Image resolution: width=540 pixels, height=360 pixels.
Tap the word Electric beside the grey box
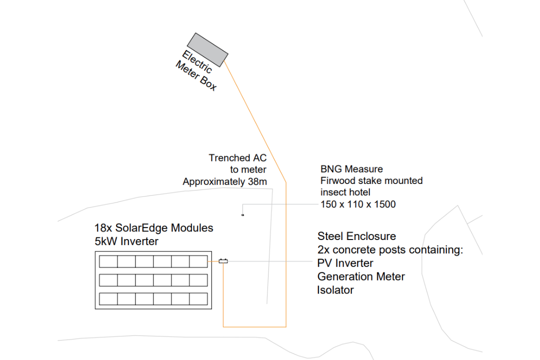[196, 61]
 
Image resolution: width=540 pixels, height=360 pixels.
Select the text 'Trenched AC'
[237, 158]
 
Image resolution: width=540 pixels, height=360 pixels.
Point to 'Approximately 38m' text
[224, 182]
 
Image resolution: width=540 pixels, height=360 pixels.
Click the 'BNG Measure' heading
[351, 169]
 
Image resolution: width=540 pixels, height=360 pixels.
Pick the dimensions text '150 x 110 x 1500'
[358, 204]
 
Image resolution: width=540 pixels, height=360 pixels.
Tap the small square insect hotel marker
[242, 215]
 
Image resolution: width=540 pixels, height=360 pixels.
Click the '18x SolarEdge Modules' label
[154, 228]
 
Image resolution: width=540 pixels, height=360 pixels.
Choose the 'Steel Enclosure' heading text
[356, 236]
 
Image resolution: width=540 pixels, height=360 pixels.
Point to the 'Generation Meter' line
[361, 276]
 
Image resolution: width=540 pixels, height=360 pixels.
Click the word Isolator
[335, 290]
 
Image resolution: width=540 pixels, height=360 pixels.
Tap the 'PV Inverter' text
[345, 263]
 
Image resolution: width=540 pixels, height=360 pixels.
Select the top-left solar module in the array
[108, 261]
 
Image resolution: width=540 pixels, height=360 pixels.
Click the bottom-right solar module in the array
[198, 299]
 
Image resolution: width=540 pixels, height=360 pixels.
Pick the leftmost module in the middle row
[108, 280]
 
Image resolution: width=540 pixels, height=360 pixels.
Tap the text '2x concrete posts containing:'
[390, 249]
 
